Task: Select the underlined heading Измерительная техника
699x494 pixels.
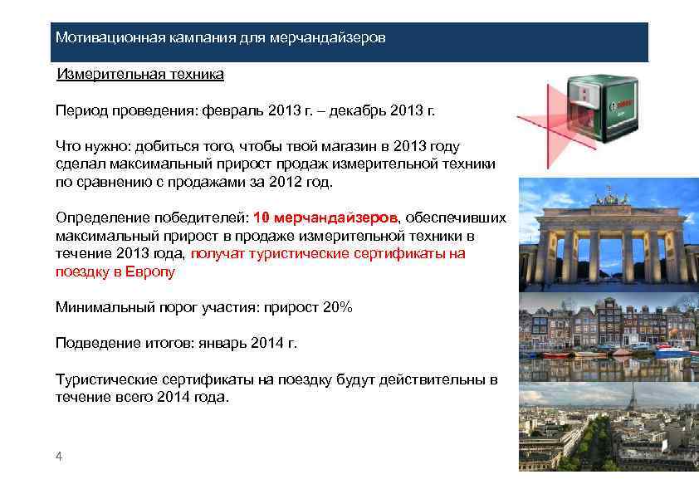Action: [139, 75]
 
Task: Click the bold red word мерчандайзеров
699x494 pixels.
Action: [337, 218]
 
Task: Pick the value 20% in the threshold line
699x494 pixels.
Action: [338, 307]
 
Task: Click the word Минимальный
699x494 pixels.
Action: [96, 307]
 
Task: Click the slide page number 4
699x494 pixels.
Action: [58, 456]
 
